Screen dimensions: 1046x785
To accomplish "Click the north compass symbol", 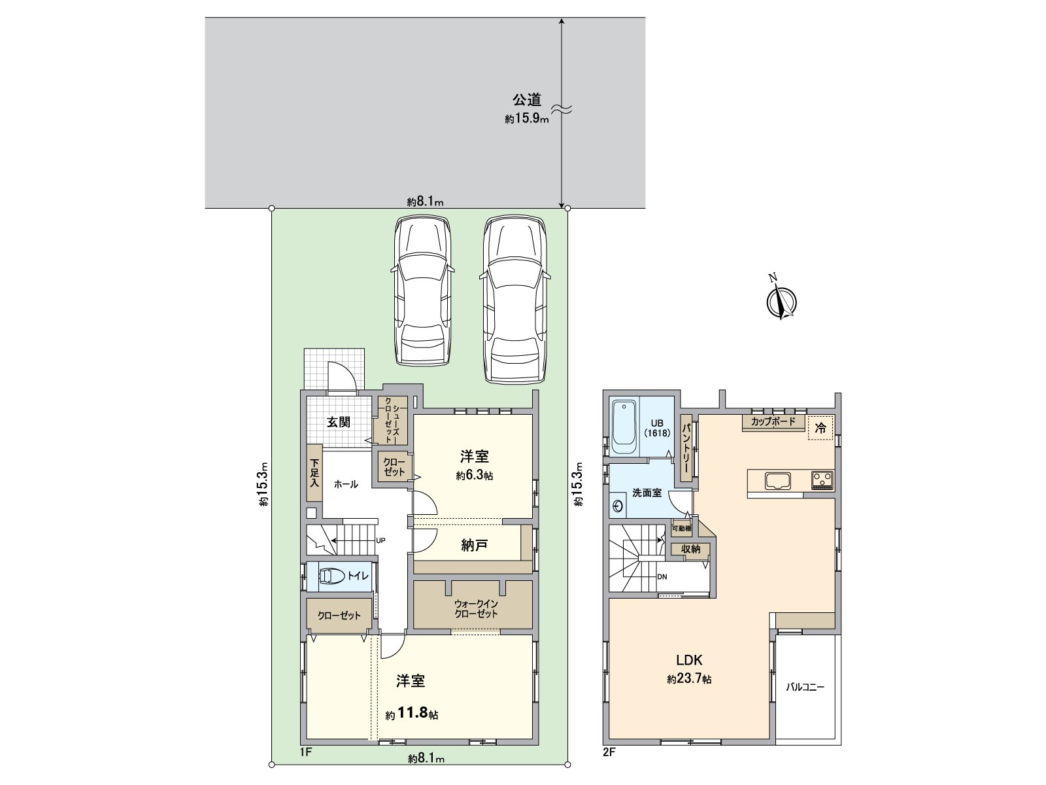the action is [x=781, y=301].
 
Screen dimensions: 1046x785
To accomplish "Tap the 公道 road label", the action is [x=526, y=99].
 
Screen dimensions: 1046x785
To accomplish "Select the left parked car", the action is [x=422, y=290].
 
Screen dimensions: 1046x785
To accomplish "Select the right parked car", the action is [x=515, y=300].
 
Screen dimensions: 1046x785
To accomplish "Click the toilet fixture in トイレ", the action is [x=331, y=576].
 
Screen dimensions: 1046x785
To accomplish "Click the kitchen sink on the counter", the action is [x=778, y=480].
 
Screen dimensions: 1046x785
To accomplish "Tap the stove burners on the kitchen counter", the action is [x=822, y=480].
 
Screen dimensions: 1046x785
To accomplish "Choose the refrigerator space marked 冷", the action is [x=820, y=428].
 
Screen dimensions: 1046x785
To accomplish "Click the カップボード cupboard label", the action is [x=773, y=421].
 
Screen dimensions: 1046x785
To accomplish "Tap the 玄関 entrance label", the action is [x=339, y=422].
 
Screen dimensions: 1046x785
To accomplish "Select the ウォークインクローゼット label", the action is [x=476, y=609].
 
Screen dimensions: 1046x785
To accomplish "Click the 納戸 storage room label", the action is [x=474, y=546].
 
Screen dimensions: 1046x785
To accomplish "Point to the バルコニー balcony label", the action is [x=805, y=687].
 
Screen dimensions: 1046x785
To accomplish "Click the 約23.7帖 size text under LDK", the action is [x=689, y=679].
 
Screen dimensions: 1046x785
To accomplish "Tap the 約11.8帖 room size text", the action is [x=412, y=714].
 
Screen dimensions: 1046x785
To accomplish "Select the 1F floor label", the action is [x=305, y=752].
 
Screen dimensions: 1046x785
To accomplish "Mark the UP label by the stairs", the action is [x=380, y=540].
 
